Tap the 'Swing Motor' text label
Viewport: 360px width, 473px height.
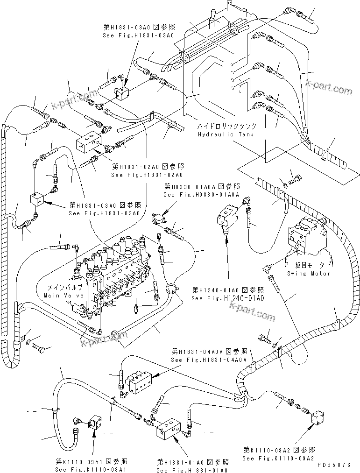click(x=309, y=274)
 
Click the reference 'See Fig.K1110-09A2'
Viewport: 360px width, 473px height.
click(x=279, y=459)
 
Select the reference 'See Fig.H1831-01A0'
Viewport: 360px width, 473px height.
click(x=193, y=468)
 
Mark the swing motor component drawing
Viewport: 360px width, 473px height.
click(x=305, y=238)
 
